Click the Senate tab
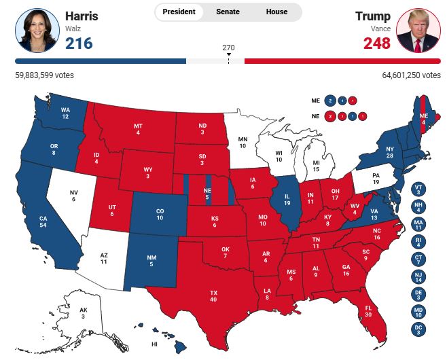(228, 12)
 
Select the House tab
(276, 12)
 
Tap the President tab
(179, 12)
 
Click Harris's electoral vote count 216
(79, 43)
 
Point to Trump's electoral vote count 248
(377, 43)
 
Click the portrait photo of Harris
(37, 31)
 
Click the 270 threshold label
(228, 48)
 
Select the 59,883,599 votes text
(44, 75)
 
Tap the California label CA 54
(43, 221)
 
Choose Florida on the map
(368, 311)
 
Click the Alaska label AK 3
(82, 313)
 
